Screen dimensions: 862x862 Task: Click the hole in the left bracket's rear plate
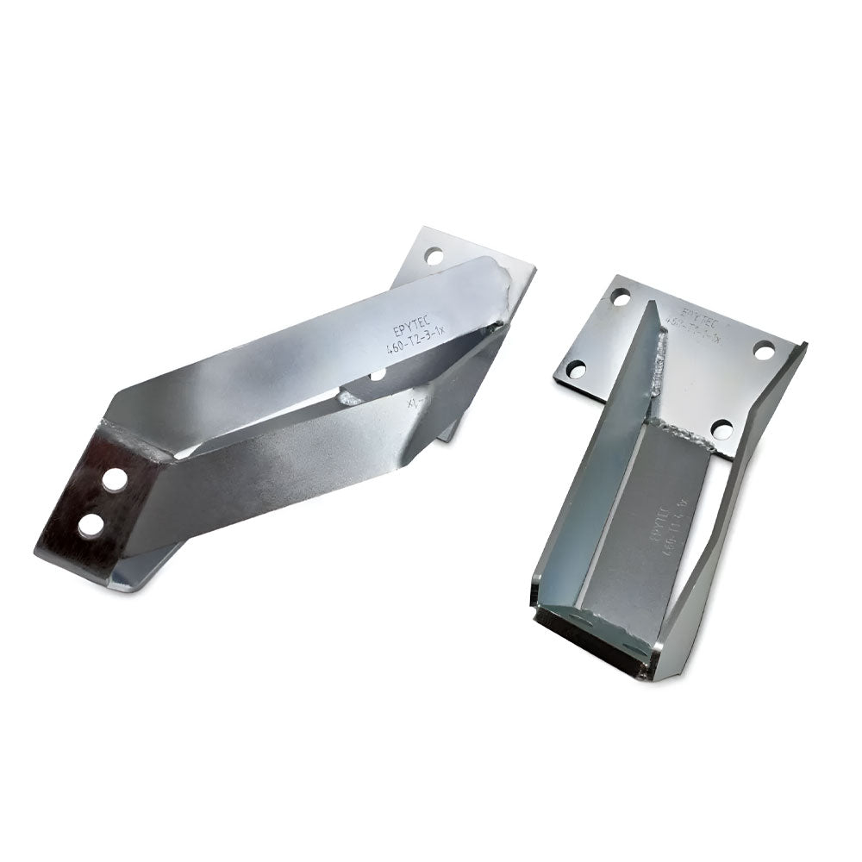tap(434, 256)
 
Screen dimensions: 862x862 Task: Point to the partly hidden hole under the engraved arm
tap(378, 375)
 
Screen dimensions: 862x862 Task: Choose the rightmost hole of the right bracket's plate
tap(765, 351)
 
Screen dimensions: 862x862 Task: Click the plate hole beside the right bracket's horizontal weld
tap(722, 428)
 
